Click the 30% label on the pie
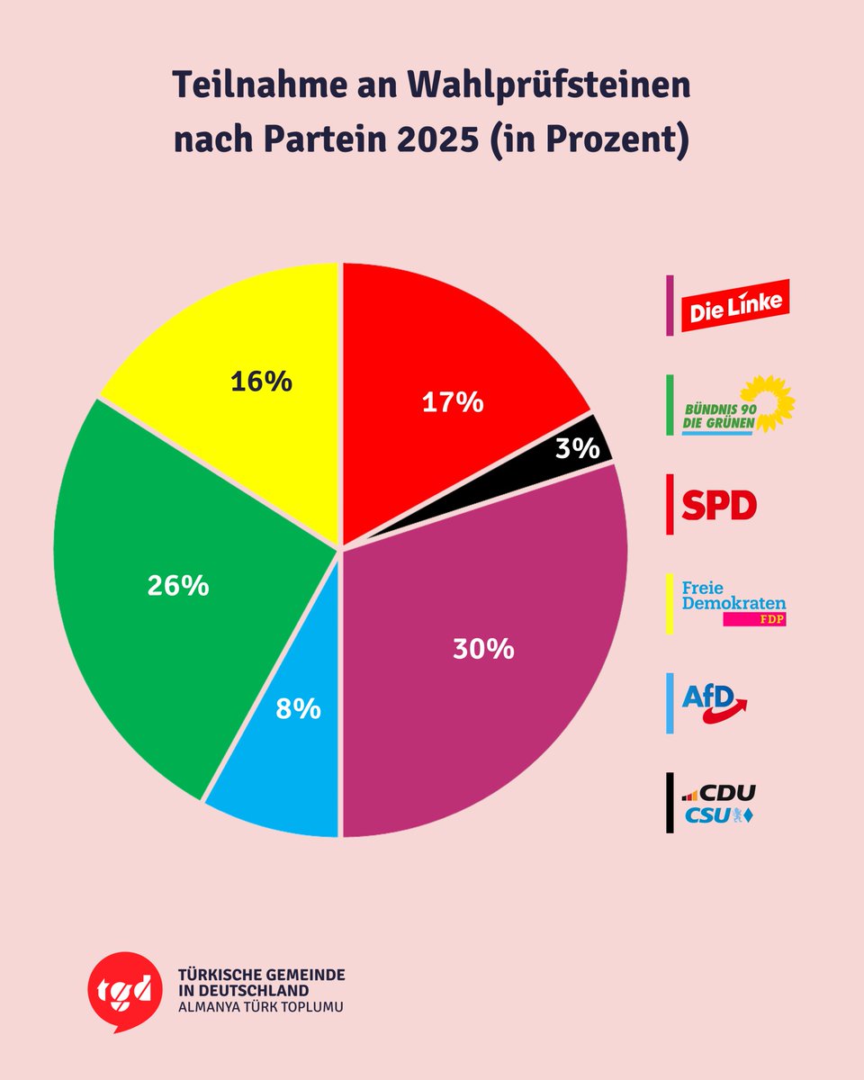[x=483, y=649]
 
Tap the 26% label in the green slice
[x=178, y=586]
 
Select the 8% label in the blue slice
[x=298, y=708]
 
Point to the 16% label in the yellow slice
[x=261, y=382]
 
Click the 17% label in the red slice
[x=453, y=402]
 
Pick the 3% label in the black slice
[x=577, y=447]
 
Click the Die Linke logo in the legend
[x=734, y=306]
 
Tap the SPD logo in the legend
[x=718, y=505]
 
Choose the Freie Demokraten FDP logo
[x=733, y=604]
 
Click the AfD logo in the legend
[x=714, y=703]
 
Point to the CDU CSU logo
[x=719, y=804]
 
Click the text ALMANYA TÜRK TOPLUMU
[x=261, y=1005]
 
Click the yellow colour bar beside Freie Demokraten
[x=670, y=604]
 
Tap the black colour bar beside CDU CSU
[x=670, y=803]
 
